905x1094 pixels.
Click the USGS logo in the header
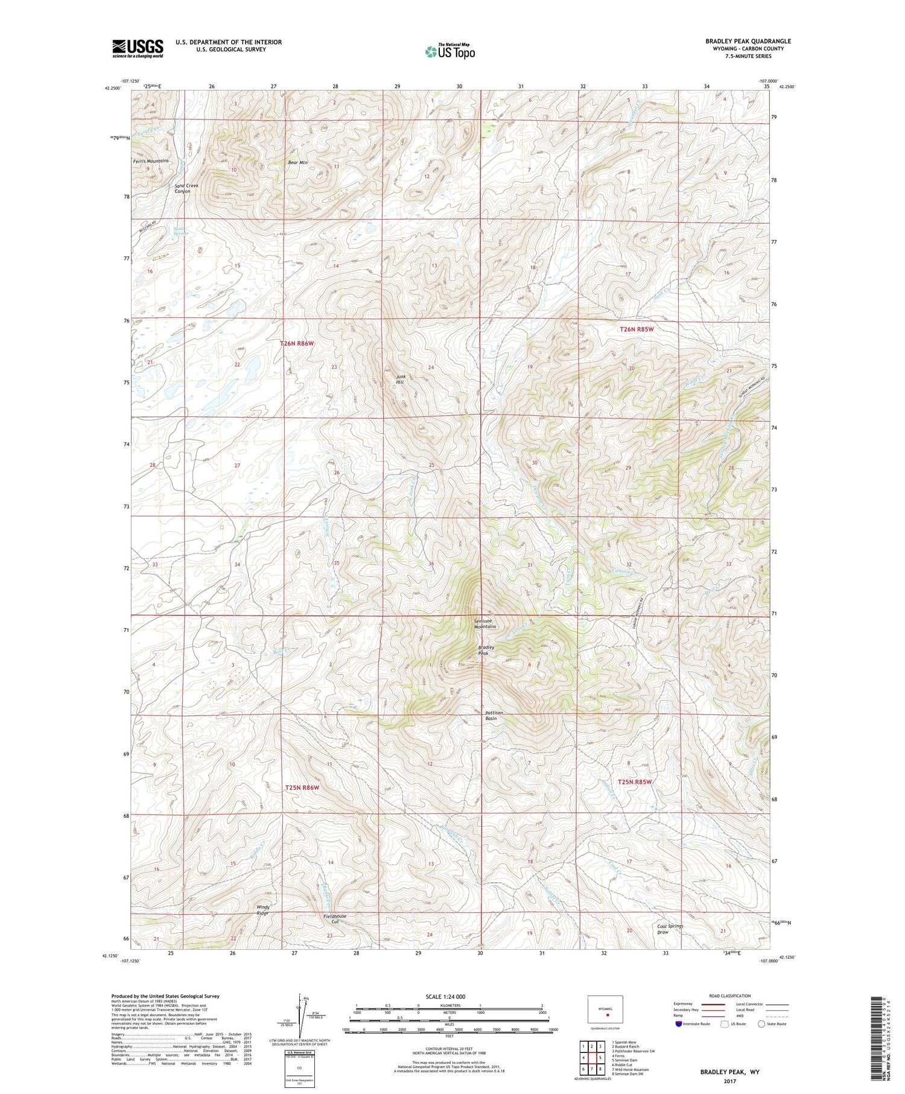pos(138,48)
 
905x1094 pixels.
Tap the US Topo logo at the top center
pos(449,51)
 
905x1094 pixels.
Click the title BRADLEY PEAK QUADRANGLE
pos(748,41)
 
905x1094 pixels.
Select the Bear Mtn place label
pos(297,162)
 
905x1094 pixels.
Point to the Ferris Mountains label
pos(151,161)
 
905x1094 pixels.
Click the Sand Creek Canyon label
pos(186,188)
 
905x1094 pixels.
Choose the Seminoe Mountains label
pos(484,623)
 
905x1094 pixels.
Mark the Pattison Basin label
pos(494,716)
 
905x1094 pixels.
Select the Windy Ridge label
pos(262,910)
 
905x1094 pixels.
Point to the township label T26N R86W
pos(297,343)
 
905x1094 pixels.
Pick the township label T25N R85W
pos(635,782)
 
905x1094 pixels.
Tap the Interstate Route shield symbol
pos(679,1024)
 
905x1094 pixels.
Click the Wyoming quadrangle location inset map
pos(605,1010)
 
